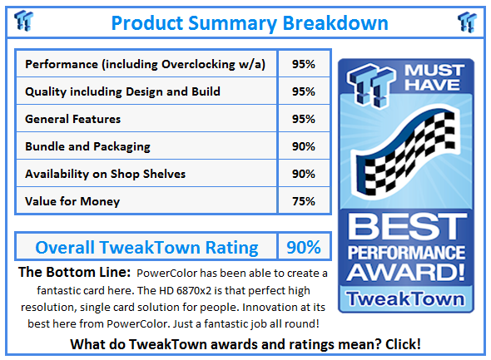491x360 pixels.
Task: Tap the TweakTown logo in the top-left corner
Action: coord(24,22)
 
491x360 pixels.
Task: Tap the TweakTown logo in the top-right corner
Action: coord(468,22)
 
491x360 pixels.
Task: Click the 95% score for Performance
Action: coord(304,64)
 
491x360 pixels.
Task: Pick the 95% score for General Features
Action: coord(304,119)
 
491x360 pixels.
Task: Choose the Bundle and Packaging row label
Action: coord(88,146)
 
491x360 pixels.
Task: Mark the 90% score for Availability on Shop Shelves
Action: coord(304,174)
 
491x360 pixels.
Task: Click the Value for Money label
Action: coord(72,201)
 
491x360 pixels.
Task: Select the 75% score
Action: coord(304,201)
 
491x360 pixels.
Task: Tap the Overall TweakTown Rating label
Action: coord(146,247)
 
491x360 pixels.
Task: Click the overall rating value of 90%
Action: coord(304,247)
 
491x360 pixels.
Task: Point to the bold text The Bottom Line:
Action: coord(73,273)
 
